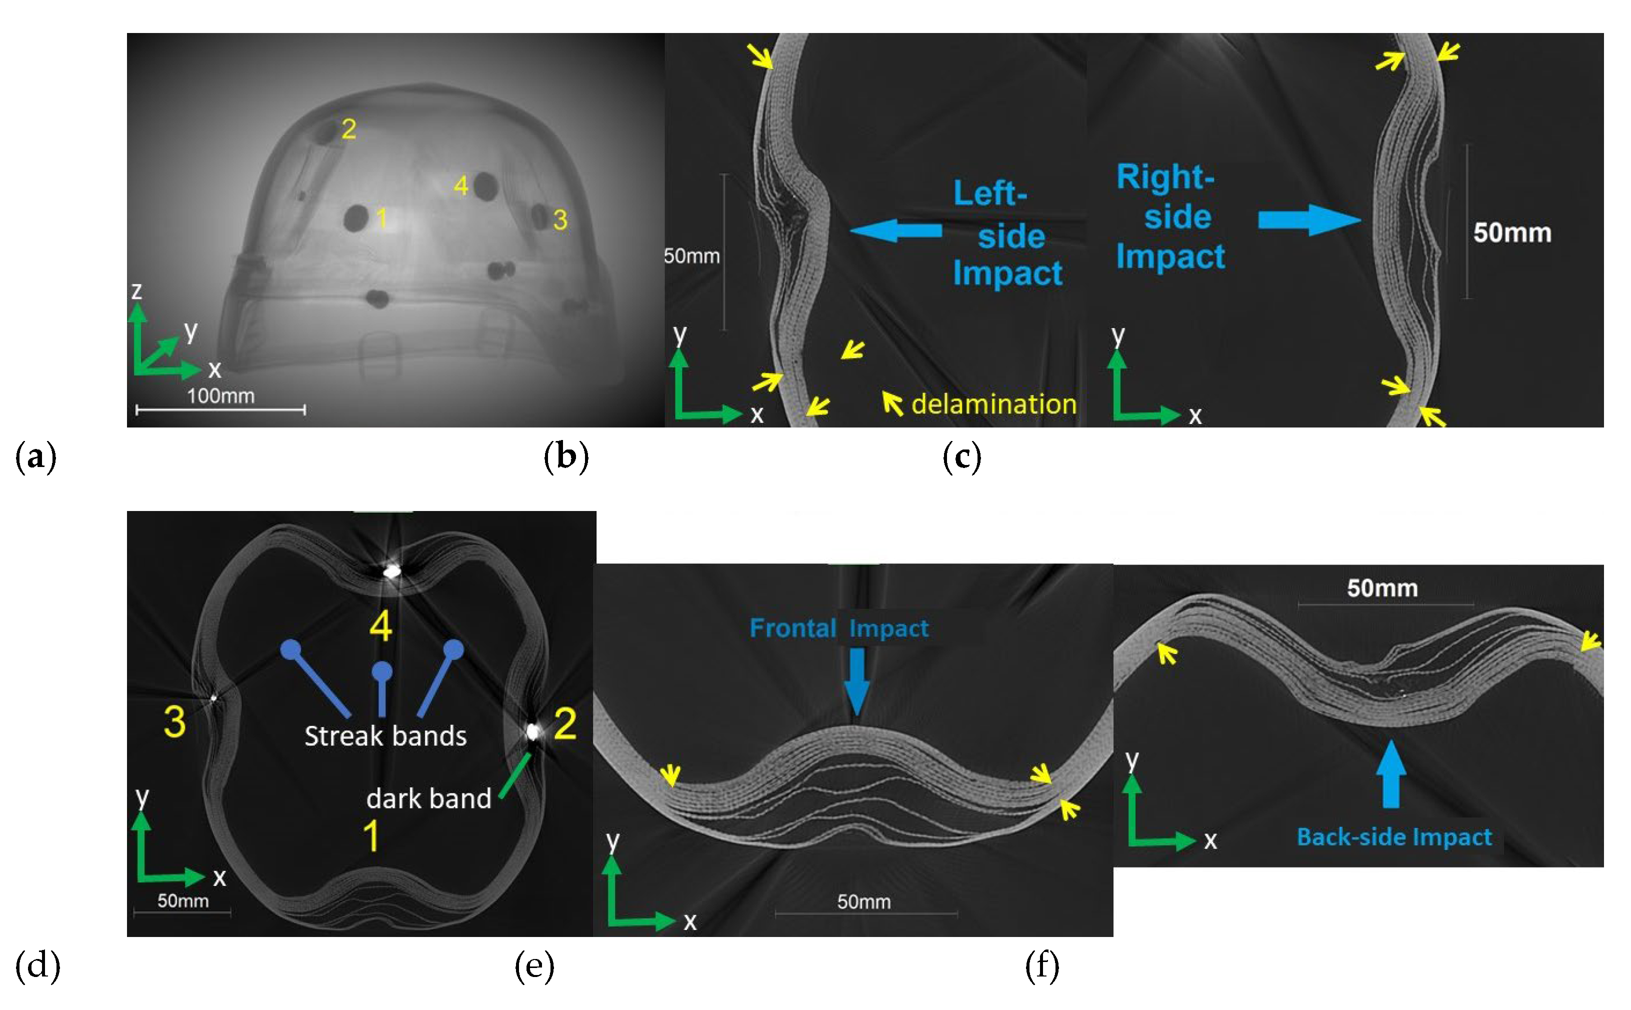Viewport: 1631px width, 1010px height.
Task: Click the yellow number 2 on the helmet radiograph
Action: click(x=348, y=129)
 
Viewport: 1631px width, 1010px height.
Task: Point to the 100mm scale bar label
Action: click(x=220, y=396)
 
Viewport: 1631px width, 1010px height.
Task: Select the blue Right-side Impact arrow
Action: click(x=1309, y=220)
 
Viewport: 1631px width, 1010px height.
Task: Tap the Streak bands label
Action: click(x=385, y=735)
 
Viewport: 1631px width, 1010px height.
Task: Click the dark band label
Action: click(x=428, y=798)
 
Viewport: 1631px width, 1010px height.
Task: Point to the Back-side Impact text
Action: click(x=1394, y=836)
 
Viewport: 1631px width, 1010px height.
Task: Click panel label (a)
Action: click(x=35, y=457)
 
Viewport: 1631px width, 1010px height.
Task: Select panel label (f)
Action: click(x=1042, y=966)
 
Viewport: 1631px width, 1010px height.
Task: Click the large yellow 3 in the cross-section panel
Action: click(x=174, y=721)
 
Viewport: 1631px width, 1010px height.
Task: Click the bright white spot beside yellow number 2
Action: click(x=532, y=731)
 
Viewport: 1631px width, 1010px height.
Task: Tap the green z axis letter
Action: click(x=136, y=290)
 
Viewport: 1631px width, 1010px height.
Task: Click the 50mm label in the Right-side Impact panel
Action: click(x=1512, y=232)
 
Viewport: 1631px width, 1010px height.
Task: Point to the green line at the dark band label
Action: click(x=515, y=775)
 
